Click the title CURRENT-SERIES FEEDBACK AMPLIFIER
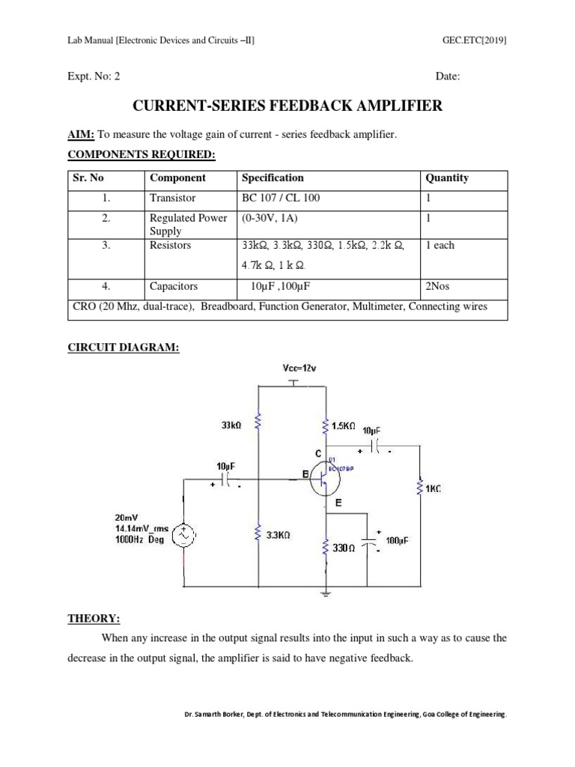[x=287, y=106]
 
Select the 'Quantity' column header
[x=447, y=178]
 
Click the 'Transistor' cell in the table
[x=172, y=198]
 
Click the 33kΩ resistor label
[x=231, y=425]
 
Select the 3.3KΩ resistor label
[x=278, y=536]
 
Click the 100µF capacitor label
[x=397, y=540]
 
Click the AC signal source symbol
[x=183, y=535]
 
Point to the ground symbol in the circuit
[x=326, y=594]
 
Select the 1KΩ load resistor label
[x=433, y=488]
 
